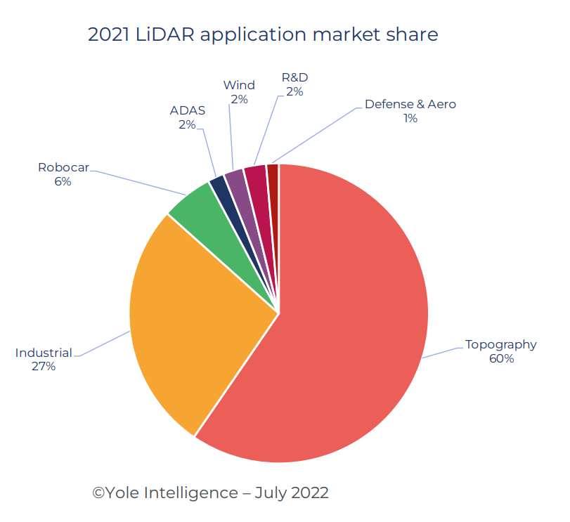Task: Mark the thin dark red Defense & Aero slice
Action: (x=273, y=172)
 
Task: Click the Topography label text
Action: (x=500, y=344)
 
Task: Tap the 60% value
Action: (x=501, y=359)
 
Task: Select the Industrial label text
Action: (x=44, y=352)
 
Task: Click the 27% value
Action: (x=44, y=367)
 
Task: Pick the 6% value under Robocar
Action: (x=63, y=181)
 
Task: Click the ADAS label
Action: (x=187, y=110)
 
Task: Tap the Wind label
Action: (x=239, y=85)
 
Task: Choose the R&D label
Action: (x=294, y=77)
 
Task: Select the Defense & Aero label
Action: (x=410, y=105)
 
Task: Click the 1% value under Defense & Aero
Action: (x=410, y=119)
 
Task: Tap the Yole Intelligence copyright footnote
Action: (x=210, y=492)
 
